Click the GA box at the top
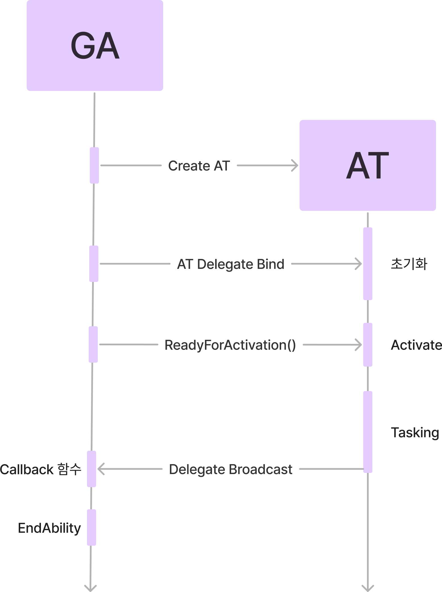coord(95,45)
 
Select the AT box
coord(368,165)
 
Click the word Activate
coord(416,345)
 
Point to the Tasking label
coord(415,433)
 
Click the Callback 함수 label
coord(41,469)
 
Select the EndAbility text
coord(49,528)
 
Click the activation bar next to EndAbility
coord(92,527)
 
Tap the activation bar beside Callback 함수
coord(92,469)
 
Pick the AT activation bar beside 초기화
coord(368,263)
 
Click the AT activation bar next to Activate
coord(368,344)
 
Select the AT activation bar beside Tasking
coord(368,432)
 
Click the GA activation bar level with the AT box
coord(94,165)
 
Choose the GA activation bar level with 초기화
coord(94,264)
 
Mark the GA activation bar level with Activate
coord(93,344)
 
